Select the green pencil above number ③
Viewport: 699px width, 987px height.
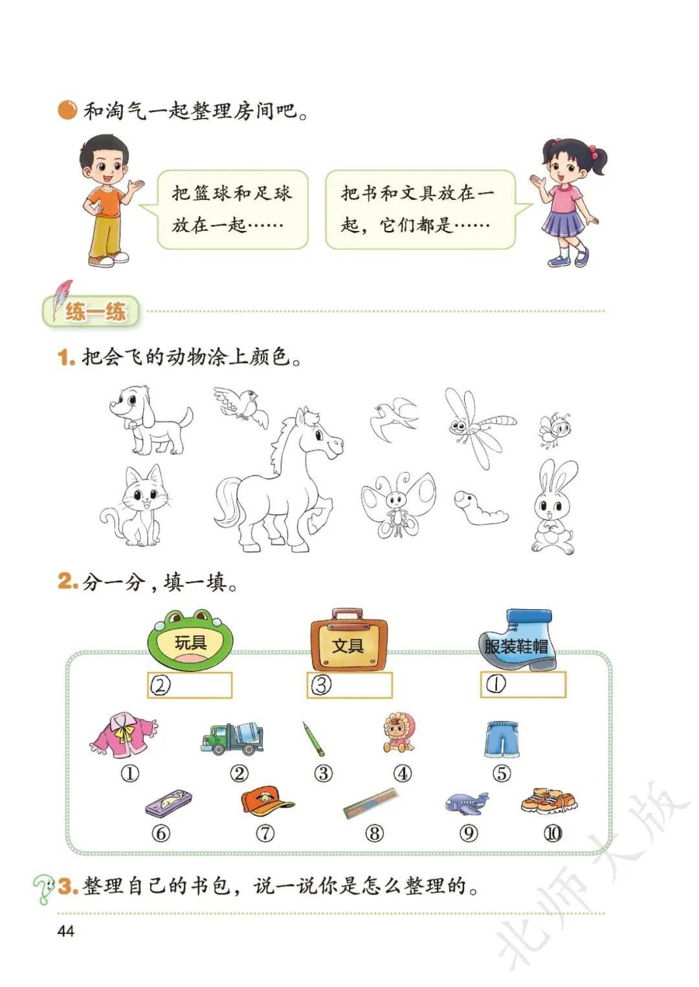[x=313, y=738]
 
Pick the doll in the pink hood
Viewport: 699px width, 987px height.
[x=399, y=733]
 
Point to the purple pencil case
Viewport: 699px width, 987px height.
[x=169, y=803]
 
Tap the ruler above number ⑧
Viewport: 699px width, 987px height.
[x=370, y=804]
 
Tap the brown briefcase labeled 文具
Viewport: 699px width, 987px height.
[x=349, y=640]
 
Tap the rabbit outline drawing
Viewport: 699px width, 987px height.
[x=554, y=506]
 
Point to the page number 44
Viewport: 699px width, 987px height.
[x=66, y=931]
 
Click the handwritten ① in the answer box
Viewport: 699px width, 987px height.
[x=496, y=684]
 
